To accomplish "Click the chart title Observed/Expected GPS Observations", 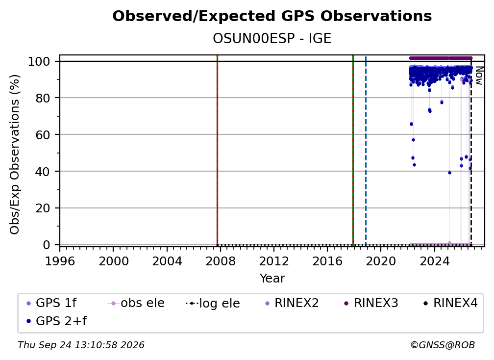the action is click(x=272, y=16).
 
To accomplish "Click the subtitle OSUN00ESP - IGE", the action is click(x=272, y=38).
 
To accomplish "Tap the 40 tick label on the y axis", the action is click(x=43, y=172).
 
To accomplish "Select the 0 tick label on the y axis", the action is click(x=46, y=245).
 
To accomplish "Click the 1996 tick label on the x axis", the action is click(x=60, y=261).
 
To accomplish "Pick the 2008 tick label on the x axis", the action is click(x=221, y=261).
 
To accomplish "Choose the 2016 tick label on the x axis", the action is click(x=327, y=261).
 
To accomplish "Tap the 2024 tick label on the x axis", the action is click(x=434, y=261).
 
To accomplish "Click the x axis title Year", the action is click(x=272, y=279).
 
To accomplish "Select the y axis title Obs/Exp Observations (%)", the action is click(x=15, y=154).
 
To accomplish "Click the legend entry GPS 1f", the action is click(x=51, y=303).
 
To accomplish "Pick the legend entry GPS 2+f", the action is click(x=56, y=321).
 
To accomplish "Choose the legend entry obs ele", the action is click(x=136, y=303).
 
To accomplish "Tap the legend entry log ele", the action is click(x=213, y=303).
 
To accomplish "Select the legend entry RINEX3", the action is click(x=371, y=303).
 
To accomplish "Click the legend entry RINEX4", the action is click(x=450, y=303).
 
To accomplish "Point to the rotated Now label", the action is click(x=479, y=76).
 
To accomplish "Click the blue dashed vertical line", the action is click(x=366, y=151).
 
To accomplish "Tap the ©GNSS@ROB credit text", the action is click(x=443, y=345).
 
